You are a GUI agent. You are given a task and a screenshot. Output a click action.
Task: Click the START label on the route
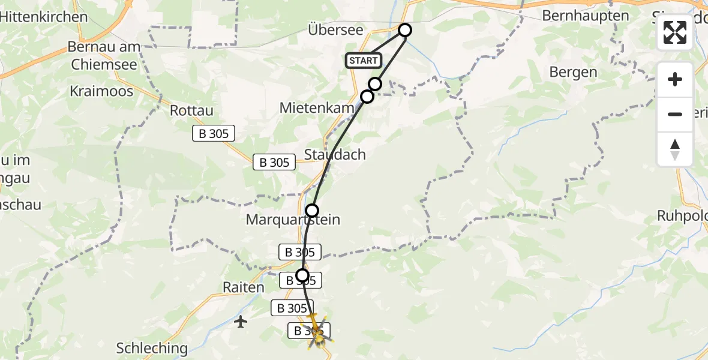364,61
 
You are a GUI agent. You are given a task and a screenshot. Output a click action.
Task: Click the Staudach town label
335,154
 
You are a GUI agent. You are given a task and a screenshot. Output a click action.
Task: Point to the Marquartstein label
293,220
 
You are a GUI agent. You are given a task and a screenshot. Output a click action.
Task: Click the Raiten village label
242,287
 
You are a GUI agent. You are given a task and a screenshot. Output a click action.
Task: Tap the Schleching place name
152,348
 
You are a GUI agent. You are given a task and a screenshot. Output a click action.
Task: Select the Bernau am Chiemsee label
104,55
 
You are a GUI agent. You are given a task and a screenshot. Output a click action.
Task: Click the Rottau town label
191,110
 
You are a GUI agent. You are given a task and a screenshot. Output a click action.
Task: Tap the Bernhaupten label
586,16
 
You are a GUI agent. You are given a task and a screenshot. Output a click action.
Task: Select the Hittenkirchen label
44,17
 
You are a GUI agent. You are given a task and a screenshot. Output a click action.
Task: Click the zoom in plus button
675,79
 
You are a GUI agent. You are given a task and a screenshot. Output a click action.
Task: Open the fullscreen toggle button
675,32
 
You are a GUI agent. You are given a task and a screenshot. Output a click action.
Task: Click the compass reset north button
675,149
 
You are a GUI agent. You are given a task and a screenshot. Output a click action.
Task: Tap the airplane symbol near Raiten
241,322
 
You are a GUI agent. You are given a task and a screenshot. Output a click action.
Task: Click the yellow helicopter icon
316,331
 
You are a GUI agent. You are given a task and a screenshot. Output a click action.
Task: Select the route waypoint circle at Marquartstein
312,210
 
